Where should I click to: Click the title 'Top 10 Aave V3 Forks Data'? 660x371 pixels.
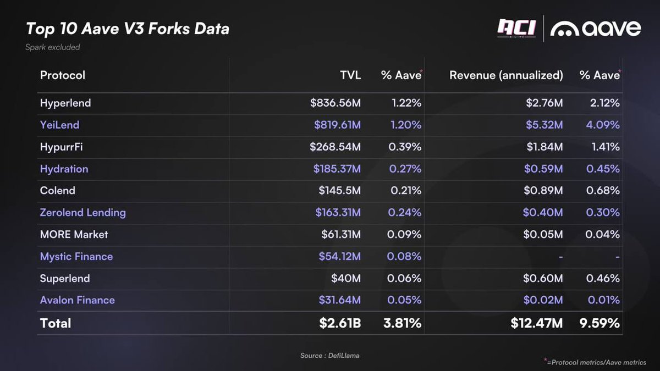tap(127, 28)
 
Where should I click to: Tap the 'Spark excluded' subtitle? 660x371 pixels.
tap(52, 47)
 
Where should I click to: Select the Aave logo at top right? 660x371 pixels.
tap(596, 29)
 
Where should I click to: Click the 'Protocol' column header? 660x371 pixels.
tap(63, 75)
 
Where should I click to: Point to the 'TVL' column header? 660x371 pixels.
tap(350, 75)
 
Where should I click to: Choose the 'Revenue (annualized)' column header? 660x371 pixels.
tap(506, 75)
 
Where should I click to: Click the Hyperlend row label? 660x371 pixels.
tap(65, 103)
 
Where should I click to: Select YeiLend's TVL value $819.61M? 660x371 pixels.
tap(337, 125)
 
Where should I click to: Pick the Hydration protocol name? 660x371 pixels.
tap(64, 169)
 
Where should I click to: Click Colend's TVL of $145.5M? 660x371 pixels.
tap(339, 191)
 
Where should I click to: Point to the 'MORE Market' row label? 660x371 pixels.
tap(74, 235)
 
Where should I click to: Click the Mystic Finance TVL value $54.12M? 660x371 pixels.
tap(339, 257)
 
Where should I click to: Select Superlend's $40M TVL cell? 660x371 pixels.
tap(345, 279)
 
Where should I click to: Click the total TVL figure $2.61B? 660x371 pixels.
tap(340, 323)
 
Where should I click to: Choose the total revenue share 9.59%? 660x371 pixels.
tap(600, 323)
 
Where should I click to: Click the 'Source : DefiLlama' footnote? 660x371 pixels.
tap(329, 356)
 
